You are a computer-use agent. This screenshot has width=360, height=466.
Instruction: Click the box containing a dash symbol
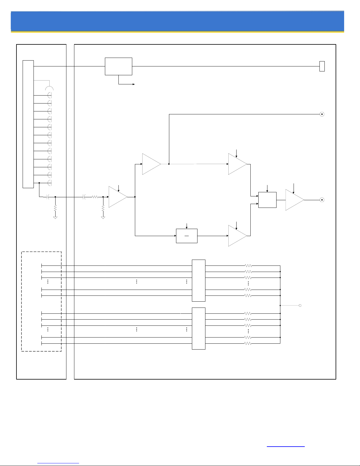[x=187, y=236]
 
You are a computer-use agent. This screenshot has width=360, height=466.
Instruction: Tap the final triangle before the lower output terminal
[x=294, y=200]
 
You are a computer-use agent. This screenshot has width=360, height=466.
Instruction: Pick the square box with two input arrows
[x=267, y=200]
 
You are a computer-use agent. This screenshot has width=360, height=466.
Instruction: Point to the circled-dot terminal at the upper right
[x=322, y=114]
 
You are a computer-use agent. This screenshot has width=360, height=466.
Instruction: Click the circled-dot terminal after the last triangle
[x=322, y=200]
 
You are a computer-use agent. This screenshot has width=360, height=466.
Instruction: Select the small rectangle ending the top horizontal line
[x=322, y=66]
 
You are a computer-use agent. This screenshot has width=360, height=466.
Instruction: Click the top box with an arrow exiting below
[x=118, y=66]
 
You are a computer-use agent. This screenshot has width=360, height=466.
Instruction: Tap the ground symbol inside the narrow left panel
[x=55, y=217]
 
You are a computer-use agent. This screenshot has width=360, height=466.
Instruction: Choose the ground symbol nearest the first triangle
[x=103, y=217]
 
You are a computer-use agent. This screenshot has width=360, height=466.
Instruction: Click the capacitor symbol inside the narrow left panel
[x=48, y=197]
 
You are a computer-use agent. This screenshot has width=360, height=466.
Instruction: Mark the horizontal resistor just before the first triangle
[x=95, y=197]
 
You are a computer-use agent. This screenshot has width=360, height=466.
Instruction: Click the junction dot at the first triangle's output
[x=135, y=197]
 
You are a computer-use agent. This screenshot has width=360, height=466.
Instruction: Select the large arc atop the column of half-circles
[x=49, y=88]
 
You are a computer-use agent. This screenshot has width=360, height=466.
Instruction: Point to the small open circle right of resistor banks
[x=300, y=305]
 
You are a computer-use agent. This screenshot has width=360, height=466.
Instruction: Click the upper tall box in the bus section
[x=198, y=280]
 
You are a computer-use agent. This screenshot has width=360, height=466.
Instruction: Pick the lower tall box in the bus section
[x=198, y=328]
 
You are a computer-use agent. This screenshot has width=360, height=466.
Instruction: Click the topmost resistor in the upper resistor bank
[x=248, y=266]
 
